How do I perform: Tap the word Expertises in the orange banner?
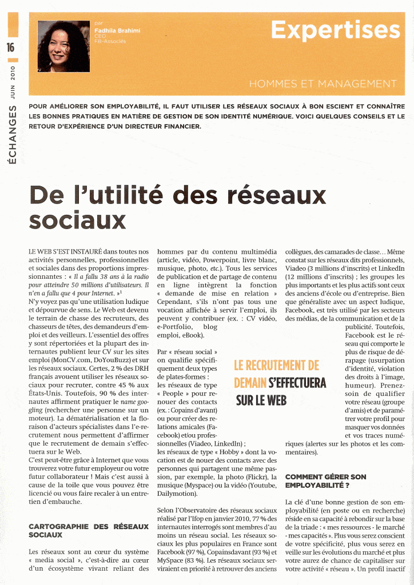(x=336, y=30)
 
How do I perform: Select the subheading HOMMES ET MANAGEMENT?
(x=323, y=85)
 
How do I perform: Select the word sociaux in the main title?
(x=77, y=219)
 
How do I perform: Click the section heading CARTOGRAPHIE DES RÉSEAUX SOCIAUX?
(x=88, y=530)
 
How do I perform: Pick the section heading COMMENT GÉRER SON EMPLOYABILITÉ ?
(x=325, y=481)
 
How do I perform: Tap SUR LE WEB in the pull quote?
(x=261, y=400)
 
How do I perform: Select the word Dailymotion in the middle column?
(x=177, y=493)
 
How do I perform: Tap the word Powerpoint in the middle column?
(x=224, y=260)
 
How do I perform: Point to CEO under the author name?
(x=100, y=35)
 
